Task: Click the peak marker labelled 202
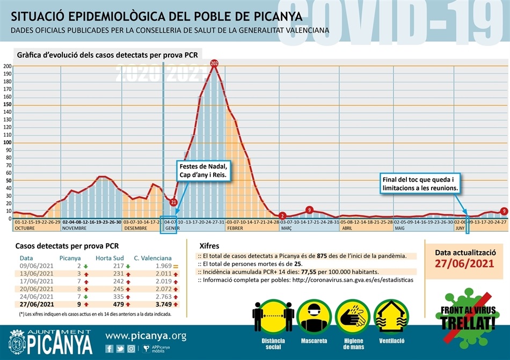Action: (214, 64)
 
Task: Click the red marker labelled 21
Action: (173, 202)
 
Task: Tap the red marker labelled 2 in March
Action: (282, 216)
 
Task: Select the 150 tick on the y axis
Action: (8, 105)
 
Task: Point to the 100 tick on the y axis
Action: (8, 143)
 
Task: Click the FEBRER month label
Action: (236, 228)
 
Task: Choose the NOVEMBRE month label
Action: (75, 228)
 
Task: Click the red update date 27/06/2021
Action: (465, 263)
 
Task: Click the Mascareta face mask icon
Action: (315, 317)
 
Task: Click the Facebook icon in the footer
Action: (110, 348)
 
